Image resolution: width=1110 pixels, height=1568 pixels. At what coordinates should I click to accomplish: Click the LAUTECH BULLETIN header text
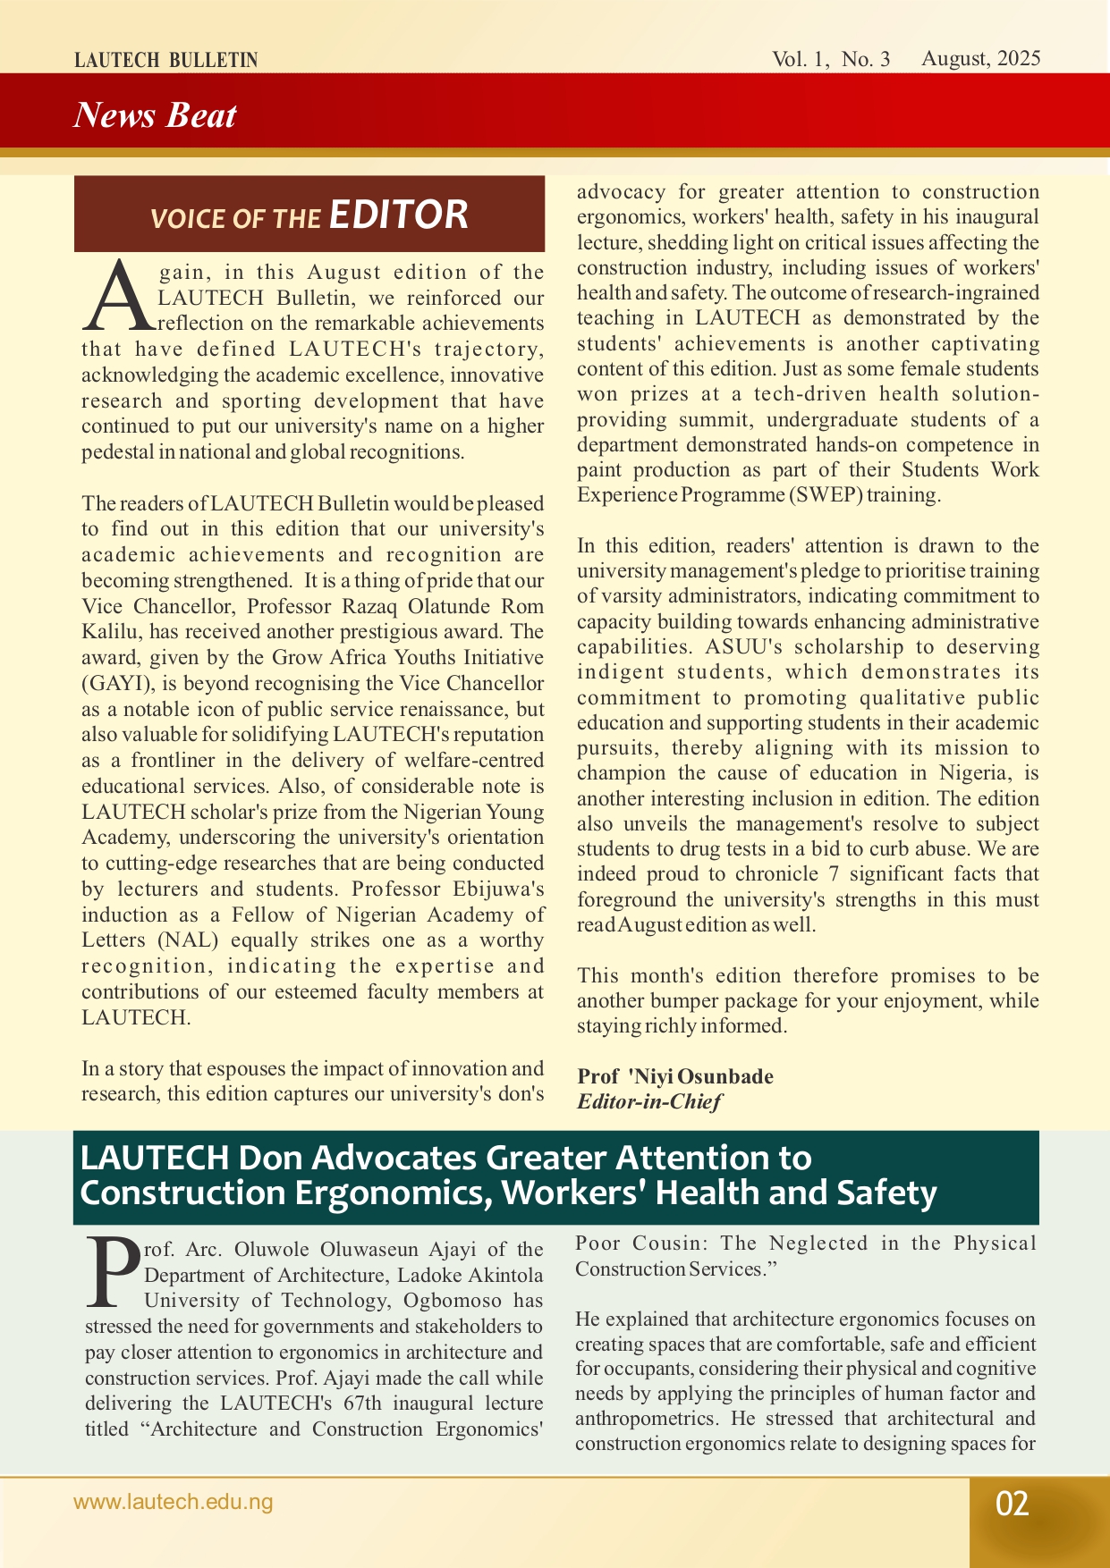[x=165, y=61]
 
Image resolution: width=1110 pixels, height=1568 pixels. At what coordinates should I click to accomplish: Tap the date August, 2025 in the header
[x=980, y=59]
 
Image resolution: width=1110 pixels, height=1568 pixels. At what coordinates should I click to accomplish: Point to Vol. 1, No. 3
[x=831, y=60]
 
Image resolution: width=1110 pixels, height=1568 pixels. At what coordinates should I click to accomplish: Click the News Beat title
[x=155, y=115]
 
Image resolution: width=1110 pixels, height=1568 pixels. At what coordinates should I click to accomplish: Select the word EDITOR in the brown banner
[x=398, y=215]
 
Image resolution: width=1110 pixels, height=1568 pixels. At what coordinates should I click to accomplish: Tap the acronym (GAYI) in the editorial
[x=113, y=684]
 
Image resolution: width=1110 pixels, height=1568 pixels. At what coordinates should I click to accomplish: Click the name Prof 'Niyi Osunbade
[x=675, y=1076]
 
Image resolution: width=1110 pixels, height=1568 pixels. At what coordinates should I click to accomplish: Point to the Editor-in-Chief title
[x=648, y=1101]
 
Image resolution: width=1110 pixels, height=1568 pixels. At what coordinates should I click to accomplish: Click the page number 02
[x=1012, y=1504]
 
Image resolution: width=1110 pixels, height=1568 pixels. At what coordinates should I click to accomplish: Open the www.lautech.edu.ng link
[x=173, y=1502]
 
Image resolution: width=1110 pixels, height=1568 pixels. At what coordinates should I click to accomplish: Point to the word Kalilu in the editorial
[x=109, y=632]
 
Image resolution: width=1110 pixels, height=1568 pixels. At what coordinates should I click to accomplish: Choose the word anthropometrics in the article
[x=647, y=1419]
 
